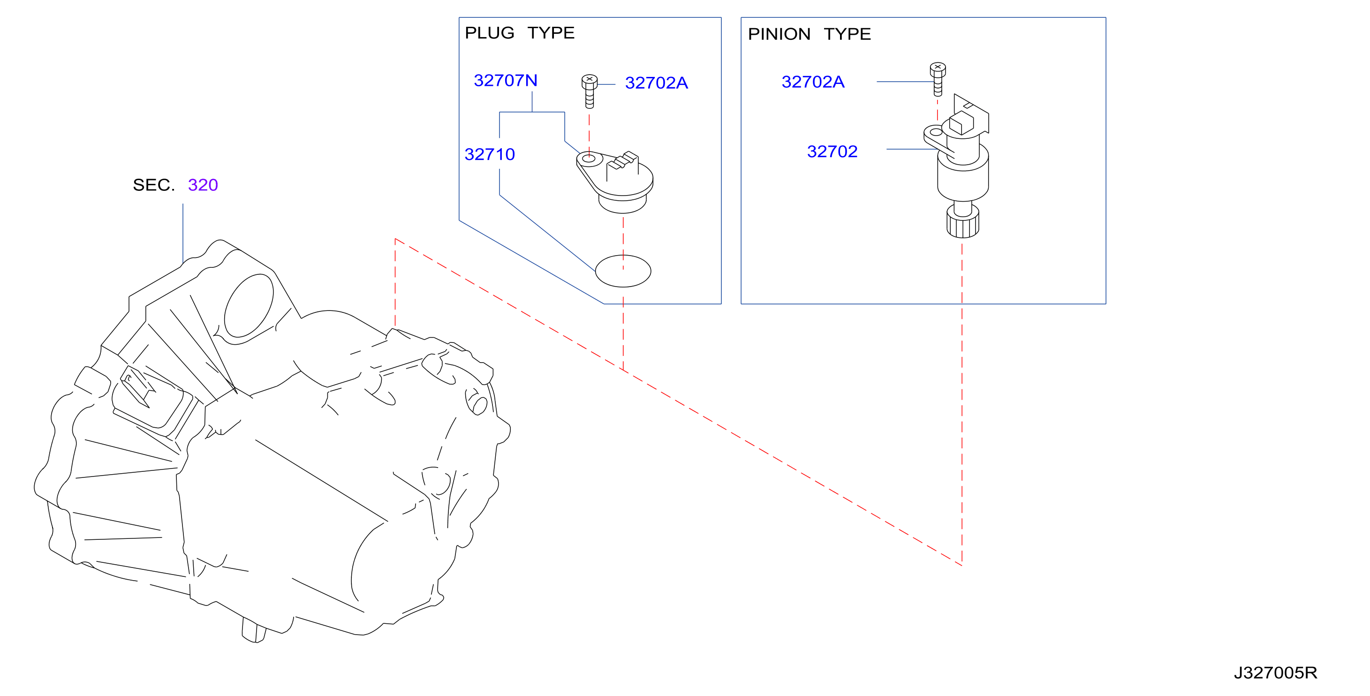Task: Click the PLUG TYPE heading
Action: tap(520, 33)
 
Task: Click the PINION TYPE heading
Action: tap(809, 34)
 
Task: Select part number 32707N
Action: tap(505, 80)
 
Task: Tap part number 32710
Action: tap(489, 154)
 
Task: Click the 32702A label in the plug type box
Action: tap(656, 83)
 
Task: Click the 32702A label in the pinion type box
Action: tap(813, 82)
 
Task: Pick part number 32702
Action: tap(833, 151)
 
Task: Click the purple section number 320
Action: tap(203, 185)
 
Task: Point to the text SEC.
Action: tap(154, 185)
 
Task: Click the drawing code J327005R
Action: tap(1275, 673)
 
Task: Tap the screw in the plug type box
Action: tap(589, 91)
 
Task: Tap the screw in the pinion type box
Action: tap(938, 79)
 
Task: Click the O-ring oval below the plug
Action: tap(623, 271)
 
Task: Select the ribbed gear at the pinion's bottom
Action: tap(962, 222)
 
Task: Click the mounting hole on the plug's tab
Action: tap(589, 159)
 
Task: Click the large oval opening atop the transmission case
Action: tap(249, 306)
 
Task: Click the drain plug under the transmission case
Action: tap(254, 630)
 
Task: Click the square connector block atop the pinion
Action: tap(961, 123)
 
